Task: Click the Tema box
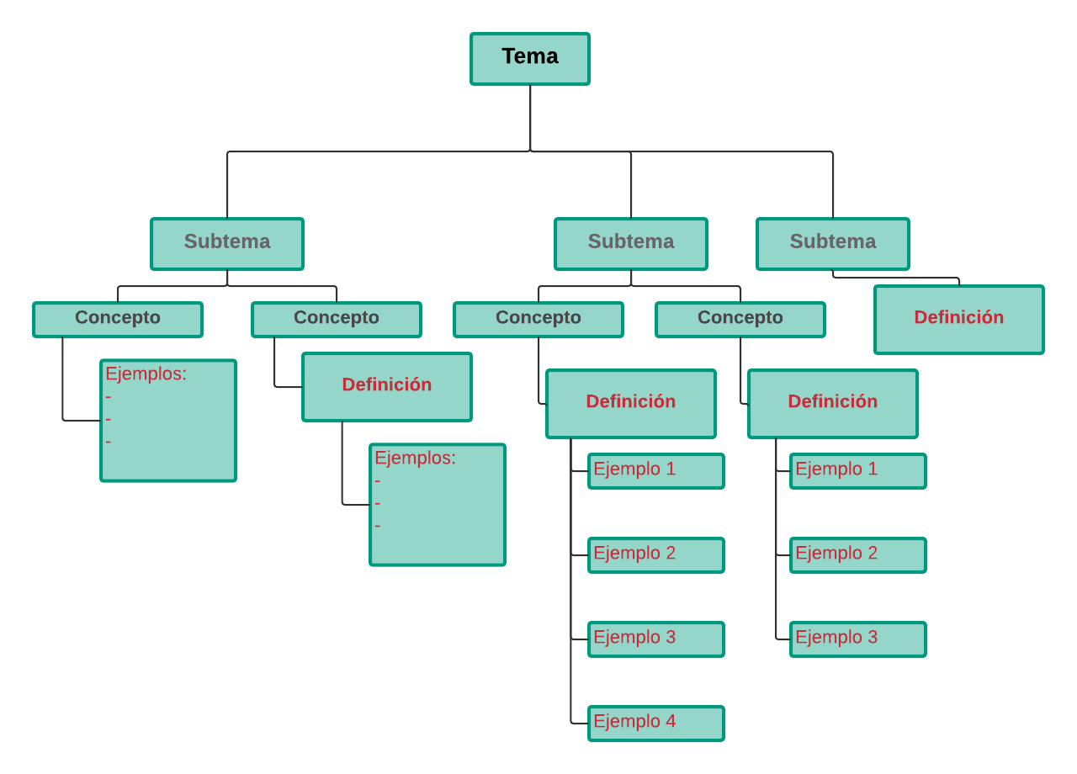(530, 59)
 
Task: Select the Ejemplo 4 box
(656, 724)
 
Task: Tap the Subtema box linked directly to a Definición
(833, 244)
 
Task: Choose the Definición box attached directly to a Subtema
(959, 320)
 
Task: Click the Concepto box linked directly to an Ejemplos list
(118, 320)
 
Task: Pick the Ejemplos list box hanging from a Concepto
(168, 421)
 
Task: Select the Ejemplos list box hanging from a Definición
(438, 505)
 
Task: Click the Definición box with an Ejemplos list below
(387, 387)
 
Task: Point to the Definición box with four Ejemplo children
(631, 404)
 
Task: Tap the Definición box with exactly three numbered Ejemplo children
(833, 404)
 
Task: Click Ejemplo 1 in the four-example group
(656, 471)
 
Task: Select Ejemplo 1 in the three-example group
(858, 471)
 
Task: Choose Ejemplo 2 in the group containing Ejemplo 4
(656, 555)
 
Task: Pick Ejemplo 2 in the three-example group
(858, 555)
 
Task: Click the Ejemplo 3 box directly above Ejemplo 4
(656, 639)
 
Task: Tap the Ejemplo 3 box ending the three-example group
(858, 639)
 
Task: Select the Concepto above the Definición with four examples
(538, 320)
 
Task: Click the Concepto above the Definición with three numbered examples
(740, 320)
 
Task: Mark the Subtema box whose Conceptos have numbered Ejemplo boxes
(631, 244)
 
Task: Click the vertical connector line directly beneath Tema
(530, 119)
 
